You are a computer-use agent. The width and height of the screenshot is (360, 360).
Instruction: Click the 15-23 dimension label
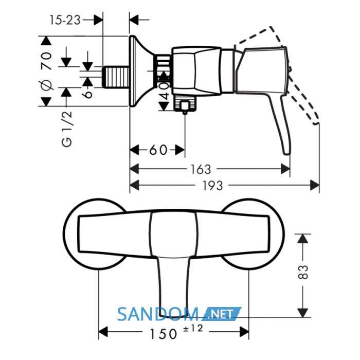(x=65, y=20)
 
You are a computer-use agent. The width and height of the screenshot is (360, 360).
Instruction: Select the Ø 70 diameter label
(x=47, y=70)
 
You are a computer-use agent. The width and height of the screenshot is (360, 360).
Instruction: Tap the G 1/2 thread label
(x=67, y=129)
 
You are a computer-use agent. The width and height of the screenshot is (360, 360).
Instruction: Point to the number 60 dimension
(x=158, y=150)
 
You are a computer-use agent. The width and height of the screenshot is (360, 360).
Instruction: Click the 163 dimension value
(x=201, y=169)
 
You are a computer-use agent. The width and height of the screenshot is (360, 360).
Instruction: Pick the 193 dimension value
(x=212, y=186)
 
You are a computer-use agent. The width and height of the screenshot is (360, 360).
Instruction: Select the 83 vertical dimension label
(x=303, y=272)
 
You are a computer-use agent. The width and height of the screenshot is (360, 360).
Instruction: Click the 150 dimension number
(x=163, y=334)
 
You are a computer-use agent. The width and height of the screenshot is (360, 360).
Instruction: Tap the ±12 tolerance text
(x=193, y=329)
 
